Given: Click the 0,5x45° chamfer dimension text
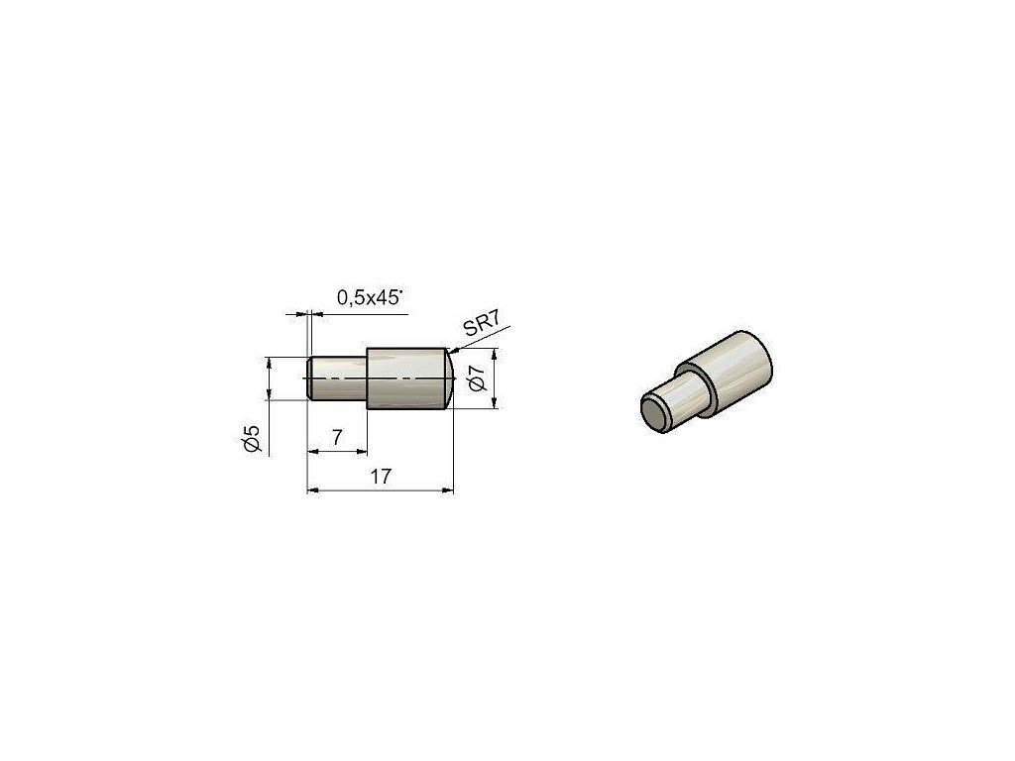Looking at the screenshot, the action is point(370,297).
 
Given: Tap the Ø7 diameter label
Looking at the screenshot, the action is point(477,379).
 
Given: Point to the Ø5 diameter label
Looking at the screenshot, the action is point(251,438).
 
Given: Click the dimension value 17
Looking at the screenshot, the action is point(381,477).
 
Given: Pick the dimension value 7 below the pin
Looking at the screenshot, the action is point(337,438).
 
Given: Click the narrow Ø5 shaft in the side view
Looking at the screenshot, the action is point(339,379).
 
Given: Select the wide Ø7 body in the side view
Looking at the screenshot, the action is point(405,379).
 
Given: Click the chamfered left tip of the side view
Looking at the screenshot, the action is point(309,379).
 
